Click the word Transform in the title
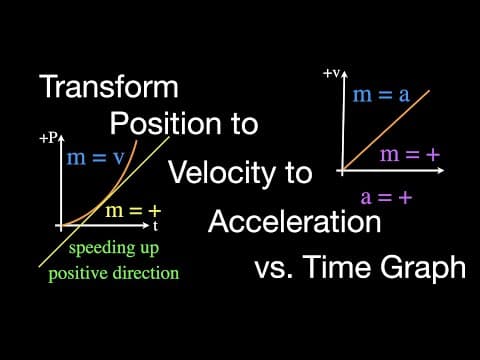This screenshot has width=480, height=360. (109, 86)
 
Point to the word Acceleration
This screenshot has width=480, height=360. (295, 221)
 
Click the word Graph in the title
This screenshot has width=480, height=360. (423, 267)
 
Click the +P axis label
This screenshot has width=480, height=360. (49, 138)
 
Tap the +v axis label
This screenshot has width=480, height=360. (331, 73)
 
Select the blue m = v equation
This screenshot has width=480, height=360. (96, 157)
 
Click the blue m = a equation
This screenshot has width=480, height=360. (381, 95)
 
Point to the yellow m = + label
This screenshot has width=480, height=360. (133, 211)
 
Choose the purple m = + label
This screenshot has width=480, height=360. (410, 155)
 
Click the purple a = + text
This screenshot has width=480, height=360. (386, 197)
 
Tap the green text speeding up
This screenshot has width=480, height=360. (114, 248)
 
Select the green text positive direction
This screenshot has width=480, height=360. (114, 273)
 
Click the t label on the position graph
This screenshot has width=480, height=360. (155, 226)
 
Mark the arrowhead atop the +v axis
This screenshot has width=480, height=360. (344, 74)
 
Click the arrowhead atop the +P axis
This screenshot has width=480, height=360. (61, 138)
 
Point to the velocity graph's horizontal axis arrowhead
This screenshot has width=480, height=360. (441, 170)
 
